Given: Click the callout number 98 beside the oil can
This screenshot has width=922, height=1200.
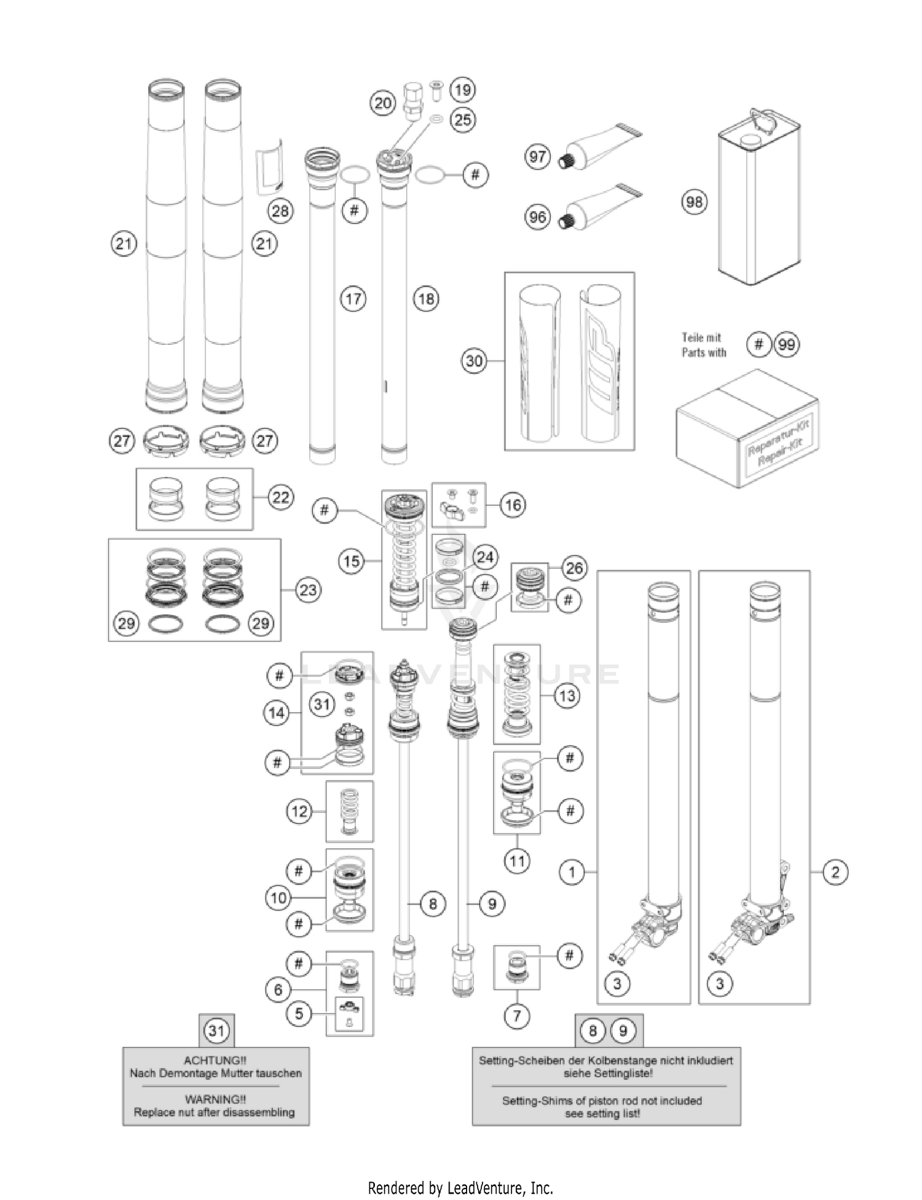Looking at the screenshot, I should [x=694, y=202].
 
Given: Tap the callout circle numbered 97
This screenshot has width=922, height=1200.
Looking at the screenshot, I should [x=537, y=157].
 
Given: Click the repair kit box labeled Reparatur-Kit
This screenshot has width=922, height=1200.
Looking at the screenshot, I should [x=747, y=428].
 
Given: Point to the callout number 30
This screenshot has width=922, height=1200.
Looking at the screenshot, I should [x=474, y=361].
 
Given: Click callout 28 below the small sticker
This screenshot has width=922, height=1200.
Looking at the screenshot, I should [x=280, y=211].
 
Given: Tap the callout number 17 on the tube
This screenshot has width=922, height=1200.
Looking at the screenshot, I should [x=353, y=299].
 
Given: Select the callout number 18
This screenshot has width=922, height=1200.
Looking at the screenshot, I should [x=426, y=299].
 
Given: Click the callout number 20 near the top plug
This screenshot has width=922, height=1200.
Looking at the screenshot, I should [x=382, y=103].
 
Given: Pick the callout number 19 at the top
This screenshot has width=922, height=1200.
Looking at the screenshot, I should [x=462, y=90].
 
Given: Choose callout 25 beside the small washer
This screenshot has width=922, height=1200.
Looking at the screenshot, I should [x=462, y=119].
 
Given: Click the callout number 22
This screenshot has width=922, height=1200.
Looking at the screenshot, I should [x=281, y=497].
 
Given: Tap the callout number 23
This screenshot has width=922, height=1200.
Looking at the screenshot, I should [x=307, y=590].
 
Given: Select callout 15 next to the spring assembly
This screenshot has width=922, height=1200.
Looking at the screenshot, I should [x=352, y=561].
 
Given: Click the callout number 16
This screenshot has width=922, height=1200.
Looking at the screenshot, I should [x=513, y=505].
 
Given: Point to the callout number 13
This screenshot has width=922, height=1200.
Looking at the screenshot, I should [x=567, y=696].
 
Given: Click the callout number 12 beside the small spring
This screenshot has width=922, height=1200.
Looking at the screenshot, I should [x=299, y=811].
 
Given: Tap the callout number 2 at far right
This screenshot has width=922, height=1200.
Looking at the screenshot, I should [x=835, y=872].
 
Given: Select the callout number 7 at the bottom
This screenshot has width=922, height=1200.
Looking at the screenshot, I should [x=516, y=1016].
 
